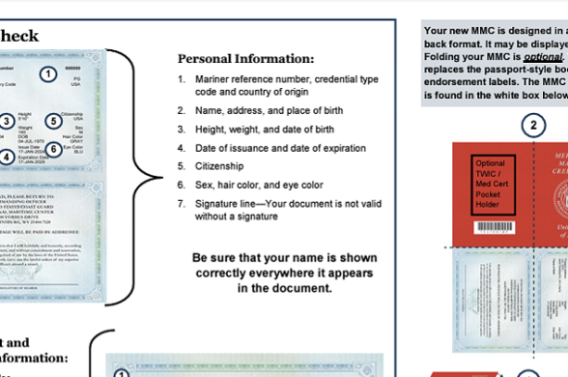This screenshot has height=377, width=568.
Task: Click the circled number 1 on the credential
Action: pos(46,72)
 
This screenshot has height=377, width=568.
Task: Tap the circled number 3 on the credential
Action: pos(6,122)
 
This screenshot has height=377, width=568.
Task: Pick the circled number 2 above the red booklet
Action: pos(532,124)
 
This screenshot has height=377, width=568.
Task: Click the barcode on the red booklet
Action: pos(494,229)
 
